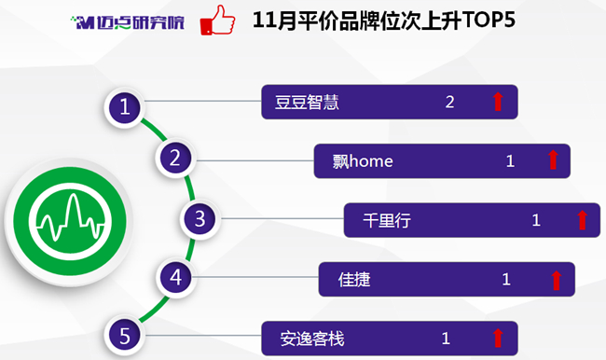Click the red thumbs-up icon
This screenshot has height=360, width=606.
click(x=217, y=21)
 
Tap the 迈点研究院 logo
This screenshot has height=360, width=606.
click(x=128, y=22)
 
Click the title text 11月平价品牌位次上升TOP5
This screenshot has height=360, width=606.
click(x=384, y=21)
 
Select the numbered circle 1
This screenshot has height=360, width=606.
click(x=124, y=106)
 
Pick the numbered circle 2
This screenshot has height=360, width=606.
click(x=175, y=158)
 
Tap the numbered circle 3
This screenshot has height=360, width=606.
click(x=200, y=218)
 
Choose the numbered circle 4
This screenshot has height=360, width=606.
click(x=176, y=277)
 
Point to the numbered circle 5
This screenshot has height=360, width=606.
click(x=124, y=335)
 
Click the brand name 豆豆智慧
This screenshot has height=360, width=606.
click(x=307, y=103)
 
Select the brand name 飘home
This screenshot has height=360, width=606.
click(x=363, y=161)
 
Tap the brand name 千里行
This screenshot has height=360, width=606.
click(x=387, y=220)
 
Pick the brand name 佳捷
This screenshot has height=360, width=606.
click(x=354, y=279)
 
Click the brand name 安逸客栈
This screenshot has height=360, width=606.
click(x=312, y=339)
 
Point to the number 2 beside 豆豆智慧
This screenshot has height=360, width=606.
click(x=449, y=102)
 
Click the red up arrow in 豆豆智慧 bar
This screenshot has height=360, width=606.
click(x=498, y=102)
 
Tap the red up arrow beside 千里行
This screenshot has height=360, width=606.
click(x=582, y=220)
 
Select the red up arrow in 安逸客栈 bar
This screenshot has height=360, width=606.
click(x=498, y=338)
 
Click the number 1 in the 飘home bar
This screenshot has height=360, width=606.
click(x=510, y=160)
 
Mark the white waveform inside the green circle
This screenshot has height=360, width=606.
click(x=70, y=218)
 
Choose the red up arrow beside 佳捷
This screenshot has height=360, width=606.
click(x=557, y=281)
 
